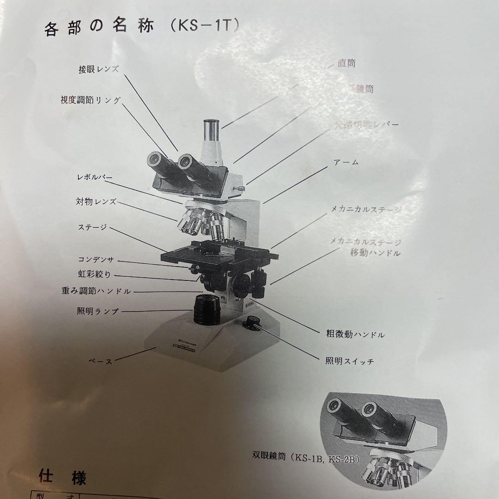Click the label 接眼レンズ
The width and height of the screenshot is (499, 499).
[98, 70]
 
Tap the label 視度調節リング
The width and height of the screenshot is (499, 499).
[91, 100]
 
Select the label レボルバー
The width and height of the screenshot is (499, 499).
[94, 177]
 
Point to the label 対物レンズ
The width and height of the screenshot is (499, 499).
[96, 201]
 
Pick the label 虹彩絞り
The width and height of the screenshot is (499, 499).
[94, 275]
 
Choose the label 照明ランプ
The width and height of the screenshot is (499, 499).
[97, 311]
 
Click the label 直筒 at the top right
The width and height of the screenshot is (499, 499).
[346, 63]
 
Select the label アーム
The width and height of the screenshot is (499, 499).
[346, 163]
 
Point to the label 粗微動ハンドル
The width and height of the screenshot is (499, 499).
[355, 335]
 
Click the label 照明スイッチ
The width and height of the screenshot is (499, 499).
[349, 361]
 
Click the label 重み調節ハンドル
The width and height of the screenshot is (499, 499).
[96, 292]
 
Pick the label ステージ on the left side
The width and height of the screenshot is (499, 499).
[92, 227]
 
